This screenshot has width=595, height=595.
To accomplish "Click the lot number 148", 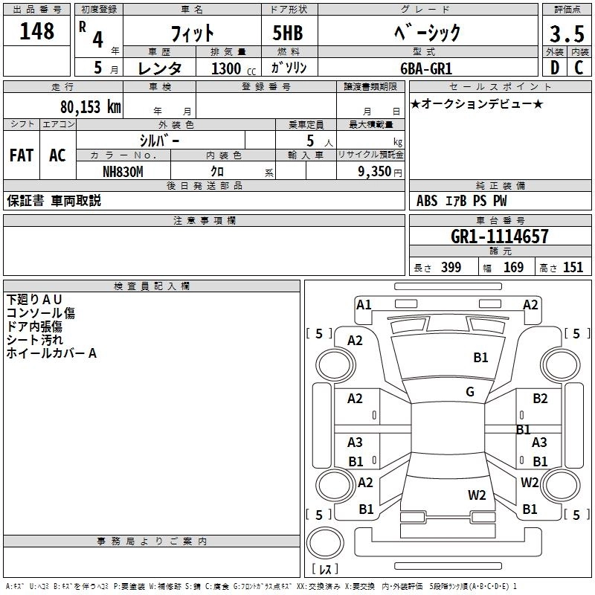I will point(38,31).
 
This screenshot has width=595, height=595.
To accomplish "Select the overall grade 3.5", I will point(566,34).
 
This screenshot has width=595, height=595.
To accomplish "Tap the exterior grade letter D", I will point(554,68).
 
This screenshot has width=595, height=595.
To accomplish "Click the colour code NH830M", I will point(123,171).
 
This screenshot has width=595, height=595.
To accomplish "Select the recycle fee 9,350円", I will point(379,171).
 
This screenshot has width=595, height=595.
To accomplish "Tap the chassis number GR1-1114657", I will point(500,237).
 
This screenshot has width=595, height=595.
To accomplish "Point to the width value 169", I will point(513,268).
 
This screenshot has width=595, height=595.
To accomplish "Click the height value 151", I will point(573,268).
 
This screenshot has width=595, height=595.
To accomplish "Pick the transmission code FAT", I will point(22,155).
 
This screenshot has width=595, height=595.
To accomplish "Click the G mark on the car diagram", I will point(470,391).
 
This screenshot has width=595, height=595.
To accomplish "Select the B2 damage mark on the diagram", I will point(540,399).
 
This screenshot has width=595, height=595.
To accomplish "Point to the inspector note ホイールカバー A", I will point(51,353).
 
